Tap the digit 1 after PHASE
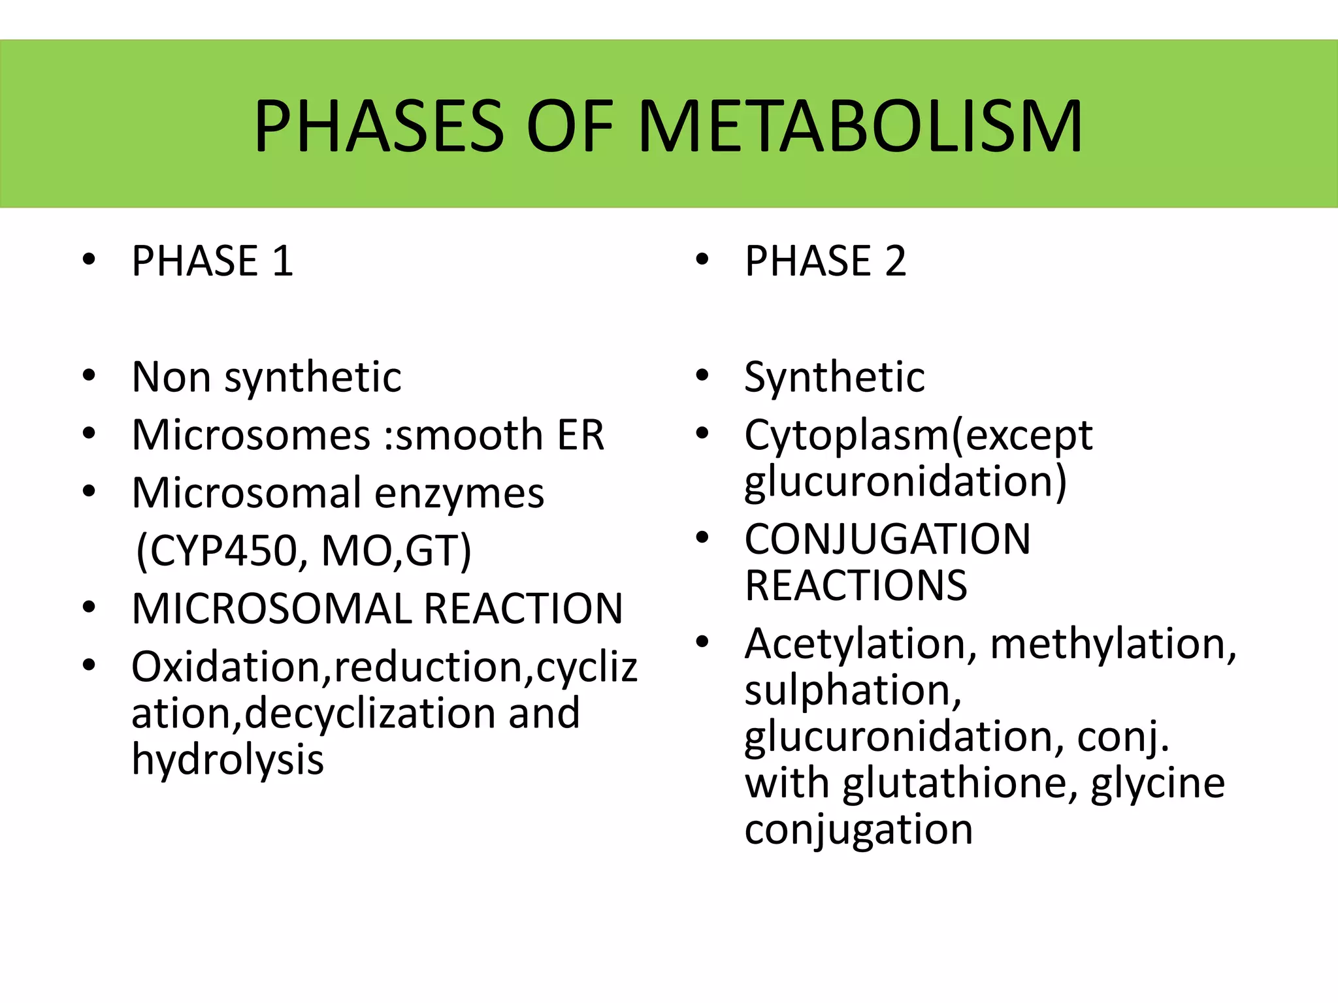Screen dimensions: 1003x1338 coord(282,261)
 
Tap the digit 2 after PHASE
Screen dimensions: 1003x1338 coord(895,261)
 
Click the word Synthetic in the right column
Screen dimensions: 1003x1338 coord(834,377)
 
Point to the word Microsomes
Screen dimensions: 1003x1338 coord(251,435)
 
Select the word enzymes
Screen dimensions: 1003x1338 coord(459,494)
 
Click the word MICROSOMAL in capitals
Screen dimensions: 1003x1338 coord(271,609)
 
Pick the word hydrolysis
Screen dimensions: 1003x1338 coord(227,760)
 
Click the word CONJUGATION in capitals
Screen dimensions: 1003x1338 coord(887,539)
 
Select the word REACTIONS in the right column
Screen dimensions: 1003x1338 coord(856,586)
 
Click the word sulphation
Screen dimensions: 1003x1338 coord(853,691)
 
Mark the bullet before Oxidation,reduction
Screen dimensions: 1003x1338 coord(90,665)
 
